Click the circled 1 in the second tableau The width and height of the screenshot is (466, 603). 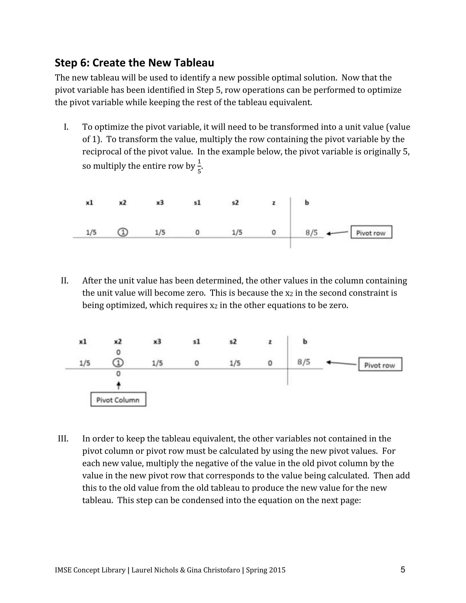pos(118,362)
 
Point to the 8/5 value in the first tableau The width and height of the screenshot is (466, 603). pos(312,233)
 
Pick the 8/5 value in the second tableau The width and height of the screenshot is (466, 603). pos(304,362)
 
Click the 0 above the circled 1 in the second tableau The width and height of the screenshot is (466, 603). pos(118,352)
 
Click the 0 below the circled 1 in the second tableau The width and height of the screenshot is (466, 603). pos(118,374)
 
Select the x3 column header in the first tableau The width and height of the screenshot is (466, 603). pos(160,203)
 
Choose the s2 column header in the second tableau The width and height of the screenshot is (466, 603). pos(233,342)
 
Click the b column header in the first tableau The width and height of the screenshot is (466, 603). pos(307,203)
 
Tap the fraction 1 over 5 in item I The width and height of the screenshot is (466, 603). pos(199,166)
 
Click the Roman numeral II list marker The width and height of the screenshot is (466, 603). pos(65,281)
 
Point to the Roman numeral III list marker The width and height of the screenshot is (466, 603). pos(63,439)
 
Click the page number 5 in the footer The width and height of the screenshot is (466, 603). pos(403,569)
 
